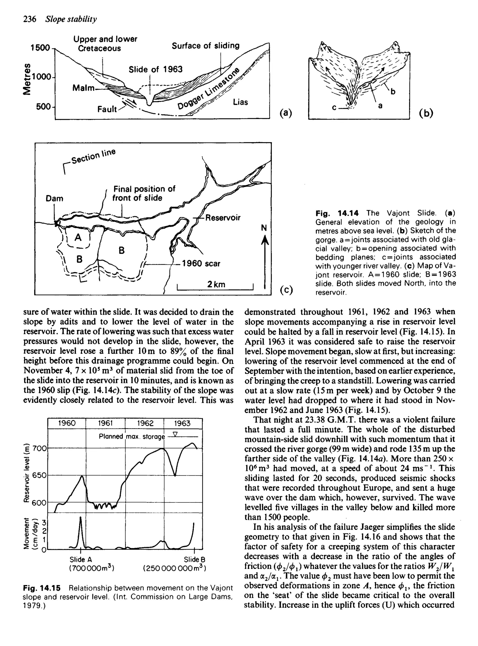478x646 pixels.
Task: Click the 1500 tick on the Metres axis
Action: pyautogui.click(x=40, y=47)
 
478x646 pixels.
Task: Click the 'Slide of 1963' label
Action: pyautogui.click(x=155, y=69)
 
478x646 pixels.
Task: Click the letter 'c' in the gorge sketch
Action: pyautogui.click(x=334, y=108)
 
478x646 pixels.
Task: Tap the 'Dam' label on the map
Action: pyautogui.click(x=54, y=198)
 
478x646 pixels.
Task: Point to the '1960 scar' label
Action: pyautogui.click(x=200, y=264)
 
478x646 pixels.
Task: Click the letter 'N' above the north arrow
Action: pyautogui.click(x=264, y=228)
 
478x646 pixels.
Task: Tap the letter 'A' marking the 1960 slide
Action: pyautogui.click(x=78, y=237)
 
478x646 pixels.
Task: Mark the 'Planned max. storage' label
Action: pyautogui.click(x=132, y=436)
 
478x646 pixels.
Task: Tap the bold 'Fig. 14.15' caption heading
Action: pyautogui.click(x=42, y=588)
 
